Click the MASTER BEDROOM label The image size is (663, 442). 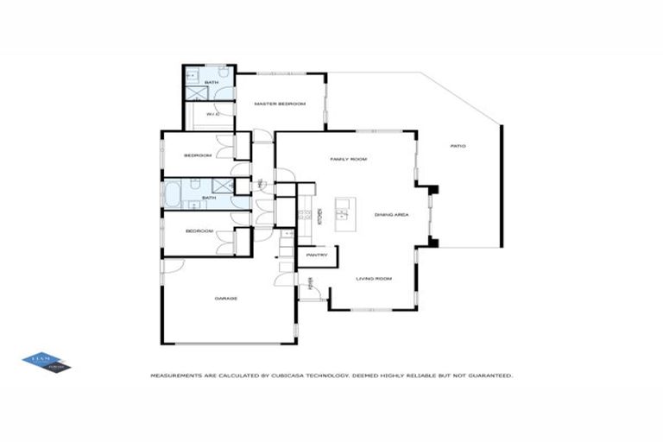[x=280, y=104]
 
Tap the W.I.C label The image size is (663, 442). [x=212, y=113]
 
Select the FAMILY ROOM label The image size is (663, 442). [x=349, y=160]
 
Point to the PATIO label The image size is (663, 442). [x=458, y=146]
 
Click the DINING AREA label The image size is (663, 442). [x=391, y=214]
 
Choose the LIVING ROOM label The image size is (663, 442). [x=375, y=278]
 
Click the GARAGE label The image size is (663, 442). [x=226, y=299]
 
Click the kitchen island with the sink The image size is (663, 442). [x=343, y=209]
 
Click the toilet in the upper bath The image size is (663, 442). [x=223, y=75]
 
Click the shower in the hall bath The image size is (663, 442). [x=222, y=186]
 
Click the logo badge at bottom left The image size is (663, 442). [x=46, y=363]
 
